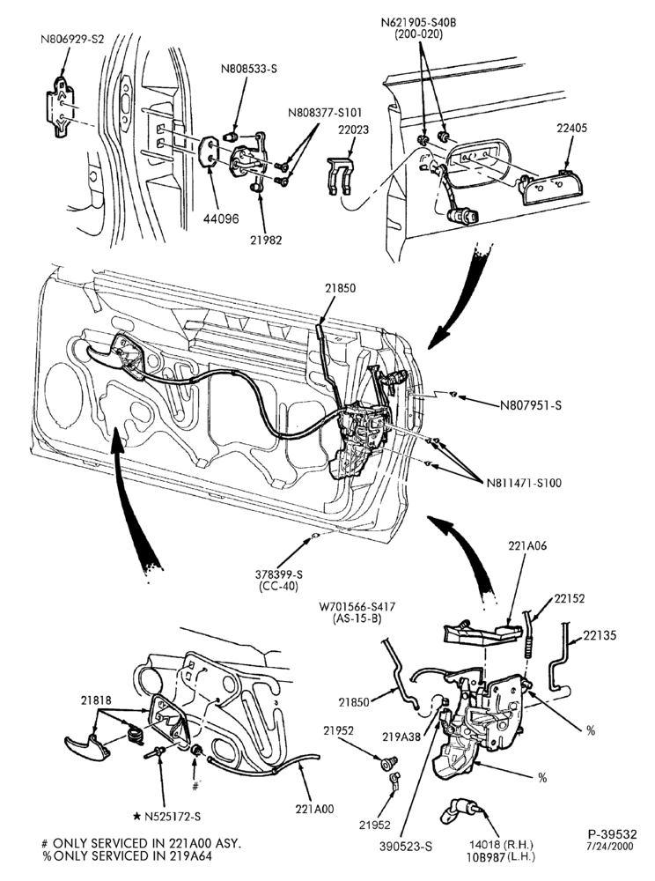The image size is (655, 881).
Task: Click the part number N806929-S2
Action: point(72,40)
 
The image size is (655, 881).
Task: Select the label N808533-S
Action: point(249,70)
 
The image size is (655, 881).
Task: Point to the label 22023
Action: point(354,130)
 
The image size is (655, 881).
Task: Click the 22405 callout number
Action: point(572,128)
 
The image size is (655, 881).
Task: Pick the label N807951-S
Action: point(530,404)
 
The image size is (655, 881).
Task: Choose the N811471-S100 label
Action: point(524,482)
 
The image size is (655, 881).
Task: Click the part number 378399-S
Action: point(279,574)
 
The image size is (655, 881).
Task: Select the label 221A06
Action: point(527,545)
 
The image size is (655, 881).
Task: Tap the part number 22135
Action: point(600,635)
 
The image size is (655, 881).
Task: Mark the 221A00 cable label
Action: point(314,810)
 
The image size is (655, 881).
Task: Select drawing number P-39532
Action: point(613,833)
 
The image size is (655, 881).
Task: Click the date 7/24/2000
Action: point(610,846)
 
